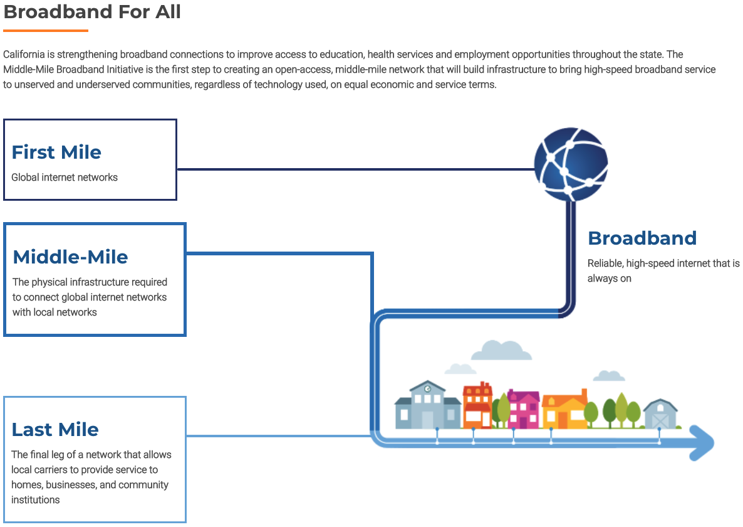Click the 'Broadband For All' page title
coord(92,11)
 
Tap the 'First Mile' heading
coord(56,152)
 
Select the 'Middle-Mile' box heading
coord(70,257)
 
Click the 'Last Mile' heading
coord(55,429)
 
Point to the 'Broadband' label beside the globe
coord(642,238)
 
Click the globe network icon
coord(571,164)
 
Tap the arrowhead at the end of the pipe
coord(702,443)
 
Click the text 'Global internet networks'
coord(65,178)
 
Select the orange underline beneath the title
coord(46,31)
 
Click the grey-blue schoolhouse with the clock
coord(427,405)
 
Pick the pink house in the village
coord(523,409)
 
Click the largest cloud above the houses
coord(501,351)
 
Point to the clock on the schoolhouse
coord(427,389)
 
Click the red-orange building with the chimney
coord(477,405)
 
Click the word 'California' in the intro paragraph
coord(24,55)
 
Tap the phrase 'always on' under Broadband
coord(610,279)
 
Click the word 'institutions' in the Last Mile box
coord(36,500)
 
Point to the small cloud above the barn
coord(609,376)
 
